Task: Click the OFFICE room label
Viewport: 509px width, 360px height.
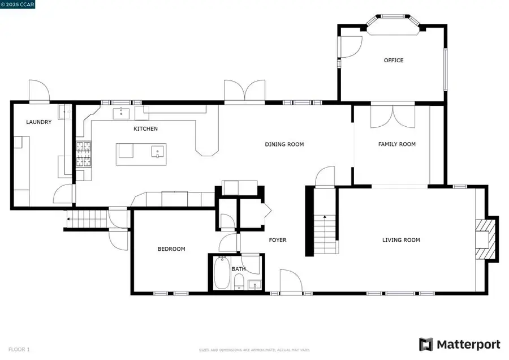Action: pos(394,61)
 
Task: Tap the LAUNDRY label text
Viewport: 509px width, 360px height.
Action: pos(39,122)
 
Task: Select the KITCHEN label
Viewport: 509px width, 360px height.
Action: pos(145,129)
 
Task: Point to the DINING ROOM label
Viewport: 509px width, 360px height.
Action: pos(284,144)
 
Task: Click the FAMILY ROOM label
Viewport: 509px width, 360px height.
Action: pos(396,144)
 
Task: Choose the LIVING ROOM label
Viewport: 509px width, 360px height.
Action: pos(401,240)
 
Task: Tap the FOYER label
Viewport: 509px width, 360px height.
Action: pos(277,240)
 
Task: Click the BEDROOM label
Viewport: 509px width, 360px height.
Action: pos(171,249)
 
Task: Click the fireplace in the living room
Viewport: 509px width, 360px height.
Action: pos(485,238)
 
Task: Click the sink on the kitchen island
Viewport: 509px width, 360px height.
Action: pos(157,151)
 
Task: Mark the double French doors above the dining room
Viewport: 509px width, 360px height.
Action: pos(244,92)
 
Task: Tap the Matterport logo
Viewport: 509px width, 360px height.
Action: pos(459,344)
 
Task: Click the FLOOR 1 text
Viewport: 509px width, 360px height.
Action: pos(20,350)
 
